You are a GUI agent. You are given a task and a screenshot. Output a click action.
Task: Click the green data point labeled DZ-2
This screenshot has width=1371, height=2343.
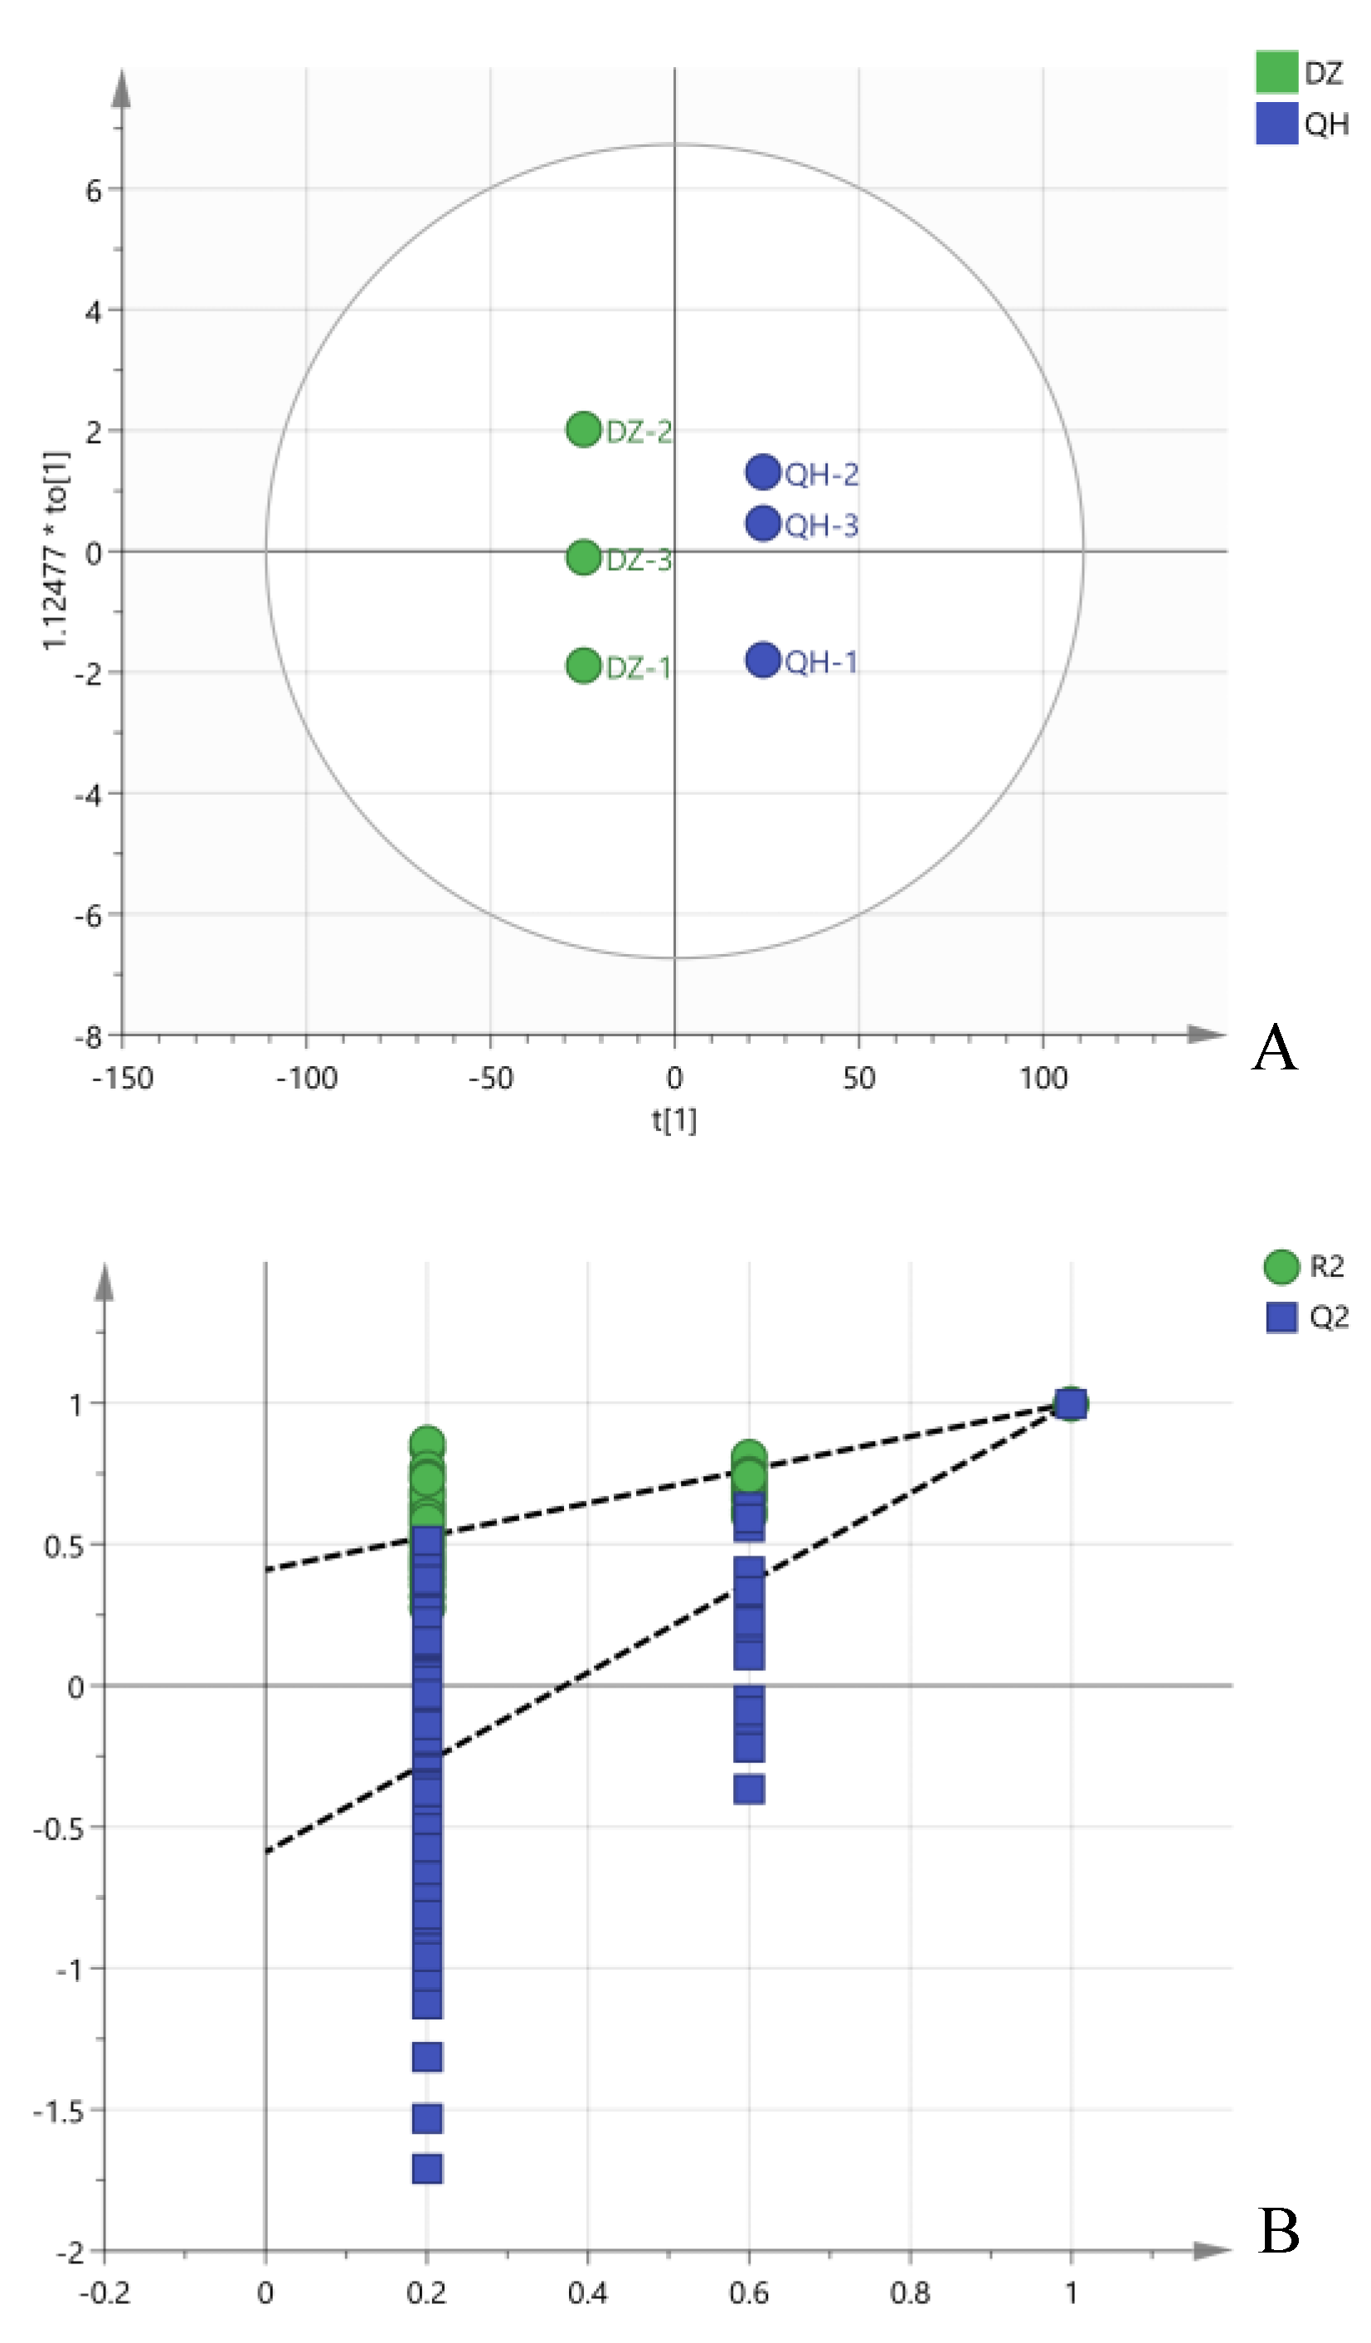583,429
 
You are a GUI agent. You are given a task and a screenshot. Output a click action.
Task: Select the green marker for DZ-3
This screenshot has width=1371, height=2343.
583,557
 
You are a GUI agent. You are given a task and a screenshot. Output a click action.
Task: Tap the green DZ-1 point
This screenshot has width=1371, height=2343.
583,665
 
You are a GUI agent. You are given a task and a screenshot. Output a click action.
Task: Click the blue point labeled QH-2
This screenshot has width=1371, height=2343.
762,471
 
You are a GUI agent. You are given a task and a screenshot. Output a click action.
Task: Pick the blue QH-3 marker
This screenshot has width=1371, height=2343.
762,523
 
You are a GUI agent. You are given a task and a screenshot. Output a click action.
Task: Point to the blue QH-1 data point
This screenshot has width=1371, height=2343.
762,660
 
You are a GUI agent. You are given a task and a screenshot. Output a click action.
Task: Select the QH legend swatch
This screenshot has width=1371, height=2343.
1276,123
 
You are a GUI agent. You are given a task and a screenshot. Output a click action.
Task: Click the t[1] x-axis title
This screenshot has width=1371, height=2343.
673,1119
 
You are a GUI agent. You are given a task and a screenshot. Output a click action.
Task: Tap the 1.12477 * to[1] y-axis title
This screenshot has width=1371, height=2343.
56,550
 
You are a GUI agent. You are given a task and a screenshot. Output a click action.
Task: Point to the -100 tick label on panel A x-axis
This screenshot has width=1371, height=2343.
306,1079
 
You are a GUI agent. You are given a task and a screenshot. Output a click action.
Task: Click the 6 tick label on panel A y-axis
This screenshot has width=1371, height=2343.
93,191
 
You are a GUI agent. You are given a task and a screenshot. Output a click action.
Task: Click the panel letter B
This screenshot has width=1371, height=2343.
1278,2229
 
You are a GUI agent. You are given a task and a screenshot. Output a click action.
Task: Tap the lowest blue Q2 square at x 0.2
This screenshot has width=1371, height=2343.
426,2168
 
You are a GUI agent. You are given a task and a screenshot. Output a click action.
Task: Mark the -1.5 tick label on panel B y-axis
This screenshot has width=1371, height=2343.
57,2112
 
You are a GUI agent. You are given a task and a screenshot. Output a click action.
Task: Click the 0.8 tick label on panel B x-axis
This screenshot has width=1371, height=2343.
909,2292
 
